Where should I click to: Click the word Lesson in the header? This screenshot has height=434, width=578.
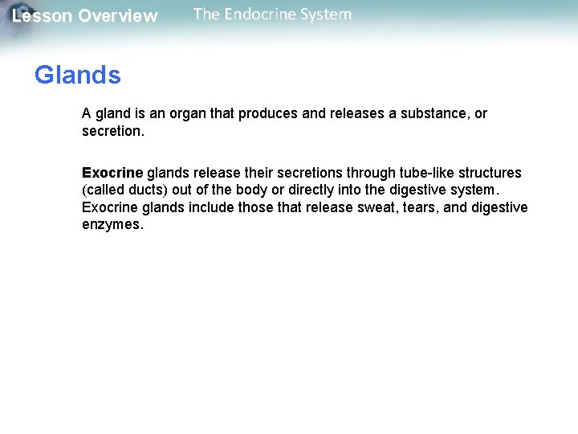pyautogui.click(x=41, y=16)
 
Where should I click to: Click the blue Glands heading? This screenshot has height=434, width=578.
pyautogui.click(x=78, y=76)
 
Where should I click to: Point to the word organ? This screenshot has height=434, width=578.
pyautogui.click(x=189, y=113)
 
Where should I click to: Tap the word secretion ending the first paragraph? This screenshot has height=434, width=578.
pyautogui.click(x=112, y=131)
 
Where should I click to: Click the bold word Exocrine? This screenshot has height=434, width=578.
pyautogui.click(x=112, y=173)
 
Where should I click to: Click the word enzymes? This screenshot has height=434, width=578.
pyautogui.click(x=112, y=225)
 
